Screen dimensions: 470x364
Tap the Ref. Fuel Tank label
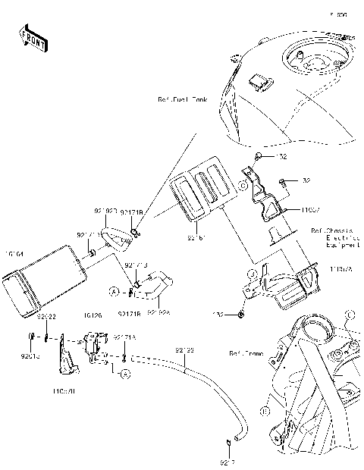pyautogui.click(x=182, y=99)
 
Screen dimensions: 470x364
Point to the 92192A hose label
pyautogui.click(x=157, y=312)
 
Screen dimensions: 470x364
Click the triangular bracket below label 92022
pyautogui.click(x=67, y=362)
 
